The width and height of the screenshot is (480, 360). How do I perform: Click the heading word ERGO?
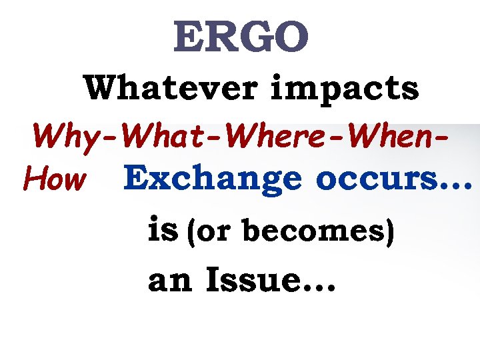[x=241, y=38]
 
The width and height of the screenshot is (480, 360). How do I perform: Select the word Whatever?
[x=173, y=89]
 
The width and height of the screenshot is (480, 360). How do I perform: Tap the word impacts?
[x=345, y=89]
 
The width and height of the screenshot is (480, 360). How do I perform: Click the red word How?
[x=54, y=178]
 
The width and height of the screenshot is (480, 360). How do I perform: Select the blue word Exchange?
[x=213, y=179]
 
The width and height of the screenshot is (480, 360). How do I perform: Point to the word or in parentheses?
[x=213, y=231]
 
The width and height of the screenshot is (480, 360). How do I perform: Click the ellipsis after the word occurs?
[x=454, y=187]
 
